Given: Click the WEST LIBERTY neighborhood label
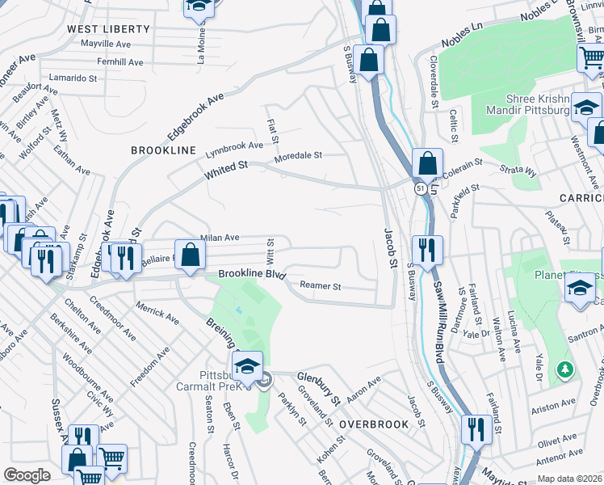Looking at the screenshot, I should click(108, 29).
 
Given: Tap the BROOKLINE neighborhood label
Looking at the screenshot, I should click(164, 151).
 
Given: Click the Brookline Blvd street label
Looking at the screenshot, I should click(253, 275).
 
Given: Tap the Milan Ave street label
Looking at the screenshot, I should click(220, 238).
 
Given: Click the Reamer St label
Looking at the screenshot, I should click(321, 286).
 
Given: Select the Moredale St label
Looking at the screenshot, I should click(298, 155).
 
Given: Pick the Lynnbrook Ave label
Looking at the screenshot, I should click(233, 146).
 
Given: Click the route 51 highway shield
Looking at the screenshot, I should click(421, 188).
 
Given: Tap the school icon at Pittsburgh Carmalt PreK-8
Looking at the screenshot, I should click(248, 363).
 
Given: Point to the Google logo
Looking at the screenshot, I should click(27, 475).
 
